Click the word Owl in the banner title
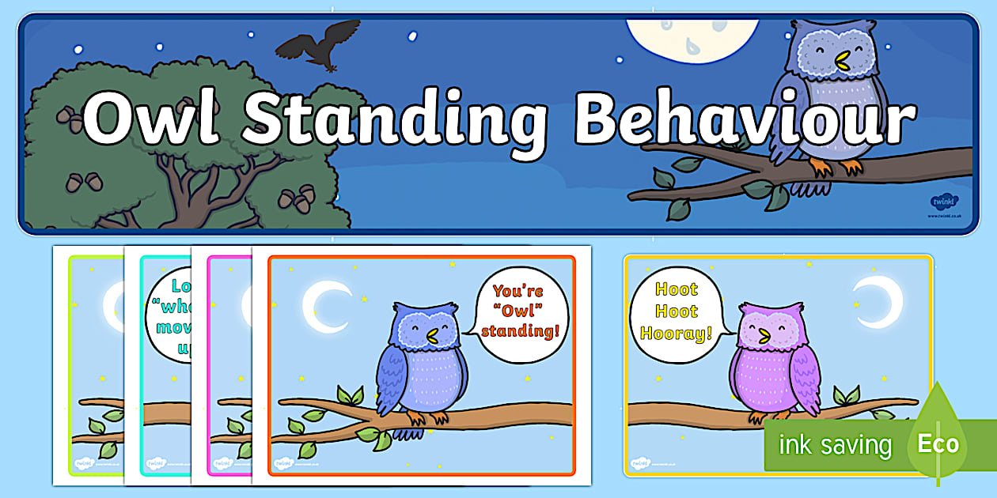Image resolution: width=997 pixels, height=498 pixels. (151, 119)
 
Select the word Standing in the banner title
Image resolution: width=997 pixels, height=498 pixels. (395, 119)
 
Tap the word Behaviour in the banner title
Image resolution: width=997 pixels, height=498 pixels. (745, 119)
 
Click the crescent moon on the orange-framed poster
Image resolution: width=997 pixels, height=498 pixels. (325, 306)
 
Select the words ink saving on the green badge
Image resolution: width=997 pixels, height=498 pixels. (834, 445)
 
